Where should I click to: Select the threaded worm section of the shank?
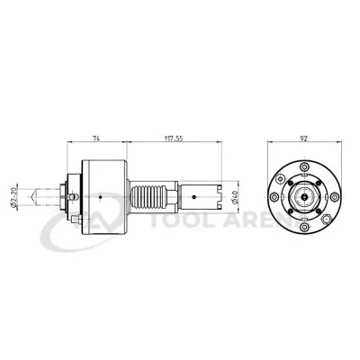tap(151, 194)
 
